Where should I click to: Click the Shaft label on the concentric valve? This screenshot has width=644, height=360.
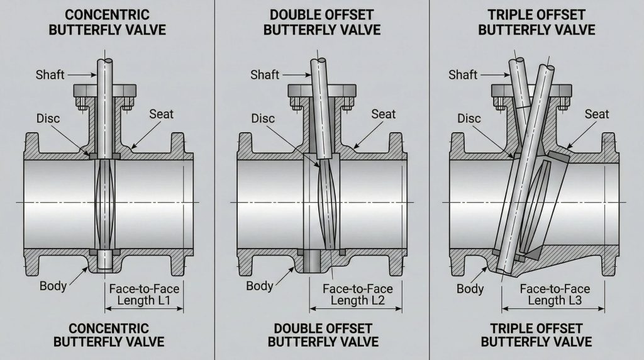pos(50,76)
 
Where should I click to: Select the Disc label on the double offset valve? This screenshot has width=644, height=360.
pos(263,118)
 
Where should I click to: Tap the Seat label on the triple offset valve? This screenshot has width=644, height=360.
pos(597,114)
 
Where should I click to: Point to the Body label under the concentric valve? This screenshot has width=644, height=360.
pos(53,286)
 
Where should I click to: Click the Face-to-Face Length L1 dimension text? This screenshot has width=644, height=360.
pos(144,295)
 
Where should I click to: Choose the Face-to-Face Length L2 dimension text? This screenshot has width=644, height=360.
pos(357,295)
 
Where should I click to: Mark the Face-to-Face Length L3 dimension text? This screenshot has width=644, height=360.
pos(555,295)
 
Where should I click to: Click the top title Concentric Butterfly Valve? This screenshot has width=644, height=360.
pos(108,21)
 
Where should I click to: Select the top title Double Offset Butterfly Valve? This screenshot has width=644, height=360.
pos(322,21)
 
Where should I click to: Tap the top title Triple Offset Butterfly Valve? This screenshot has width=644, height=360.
pos(536,21)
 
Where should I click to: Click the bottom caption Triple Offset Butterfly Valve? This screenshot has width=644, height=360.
pos(536,335)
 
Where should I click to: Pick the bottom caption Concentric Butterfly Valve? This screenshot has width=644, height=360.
pos(108,335)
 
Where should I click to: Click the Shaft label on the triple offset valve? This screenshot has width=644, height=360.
pos(463,75)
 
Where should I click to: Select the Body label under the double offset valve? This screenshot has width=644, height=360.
pos(260,286)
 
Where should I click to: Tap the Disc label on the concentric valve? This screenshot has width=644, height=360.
pos(48,118)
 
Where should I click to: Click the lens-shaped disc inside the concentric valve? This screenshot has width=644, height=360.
pos(104,205)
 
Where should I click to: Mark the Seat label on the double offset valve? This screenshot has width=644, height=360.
pos(383,114)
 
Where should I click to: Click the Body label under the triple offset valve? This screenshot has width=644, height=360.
pos(470,288)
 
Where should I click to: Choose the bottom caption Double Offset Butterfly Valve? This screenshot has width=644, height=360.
pos(322,335)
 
